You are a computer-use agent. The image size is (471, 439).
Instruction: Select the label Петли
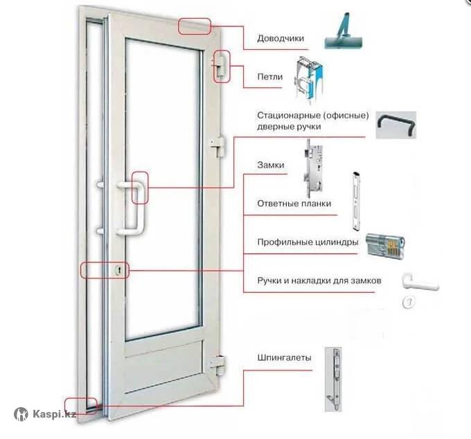269,77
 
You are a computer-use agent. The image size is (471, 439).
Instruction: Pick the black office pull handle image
396,125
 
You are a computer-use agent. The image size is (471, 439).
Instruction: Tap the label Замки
271,165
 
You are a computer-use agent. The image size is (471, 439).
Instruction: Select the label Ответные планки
294,204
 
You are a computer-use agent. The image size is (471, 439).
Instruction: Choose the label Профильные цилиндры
308,242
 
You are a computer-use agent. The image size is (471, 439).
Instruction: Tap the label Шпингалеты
284,357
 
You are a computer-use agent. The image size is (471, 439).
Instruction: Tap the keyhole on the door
119,270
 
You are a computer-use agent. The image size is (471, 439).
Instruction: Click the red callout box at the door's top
195,27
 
